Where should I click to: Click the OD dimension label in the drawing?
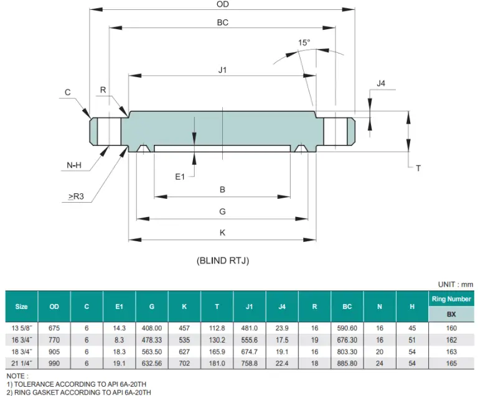(222, 4)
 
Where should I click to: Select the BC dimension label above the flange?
(222, 22)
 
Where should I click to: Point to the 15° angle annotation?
(304, 43)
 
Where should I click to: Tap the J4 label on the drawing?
(382, 83)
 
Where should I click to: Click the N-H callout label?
(74, 165)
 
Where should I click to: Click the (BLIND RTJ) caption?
(222, 261)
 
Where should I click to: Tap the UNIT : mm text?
(456, 284)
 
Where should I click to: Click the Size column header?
(22, 306)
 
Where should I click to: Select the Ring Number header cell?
(451, 299)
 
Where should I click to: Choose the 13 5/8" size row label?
(22, 328)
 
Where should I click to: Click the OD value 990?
(54, 363)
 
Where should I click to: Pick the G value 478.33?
(152, 340)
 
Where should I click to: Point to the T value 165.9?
(217, 351)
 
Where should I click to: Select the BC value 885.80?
(347, 363)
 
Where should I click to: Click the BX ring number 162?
(451, 340)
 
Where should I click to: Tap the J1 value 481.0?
(250, 328)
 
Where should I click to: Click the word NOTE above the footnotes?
(16, 376)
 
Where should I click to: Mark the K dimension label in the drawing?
(222, 232)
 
